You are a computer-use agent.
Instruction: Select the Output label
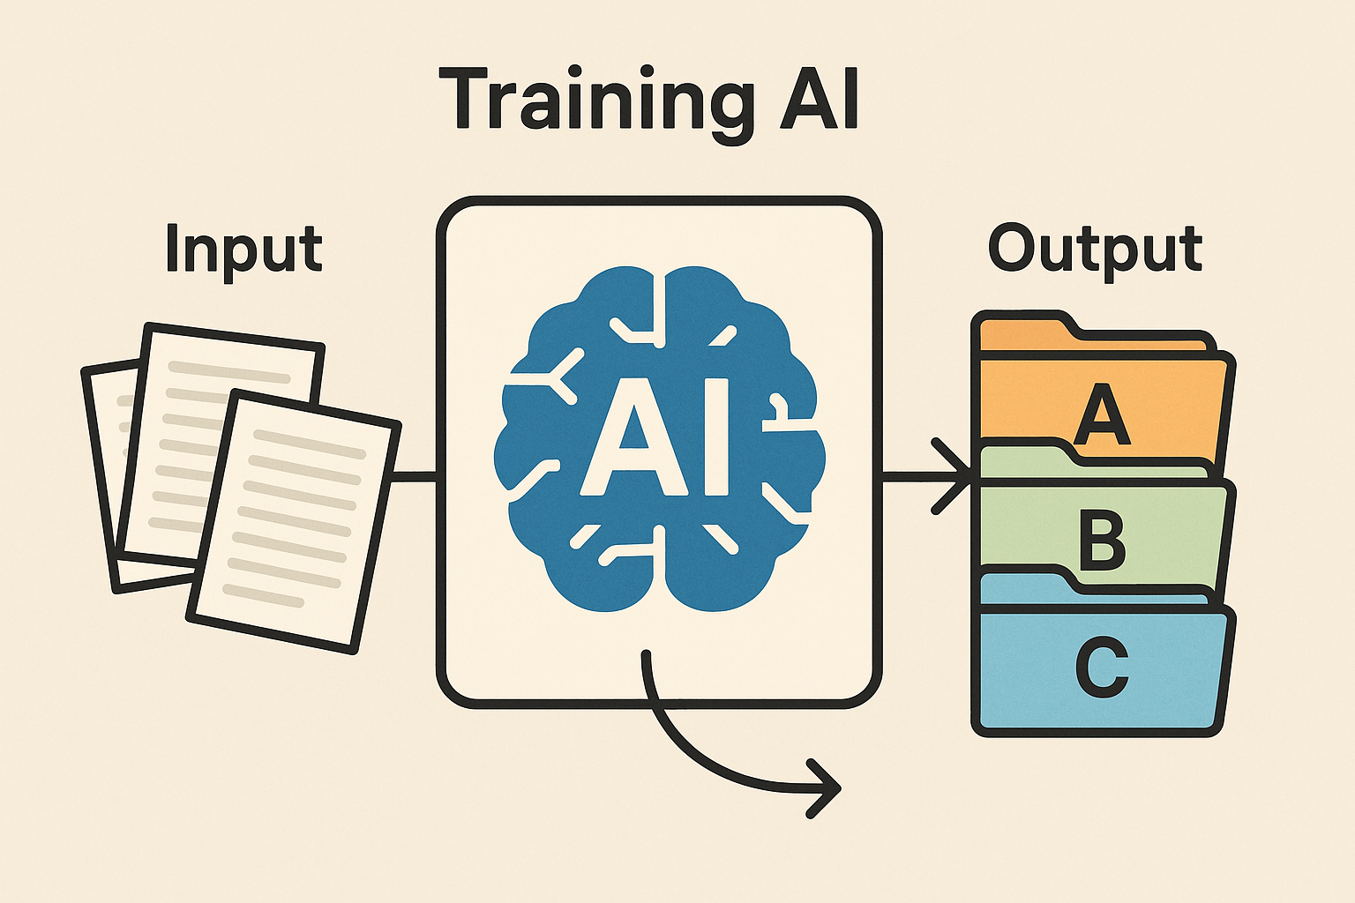tap(1095, 249)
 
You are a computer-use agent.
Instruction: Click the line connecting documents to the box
tap(415, 477)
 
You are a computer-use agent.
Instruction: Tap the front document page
tap(291, 520)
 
